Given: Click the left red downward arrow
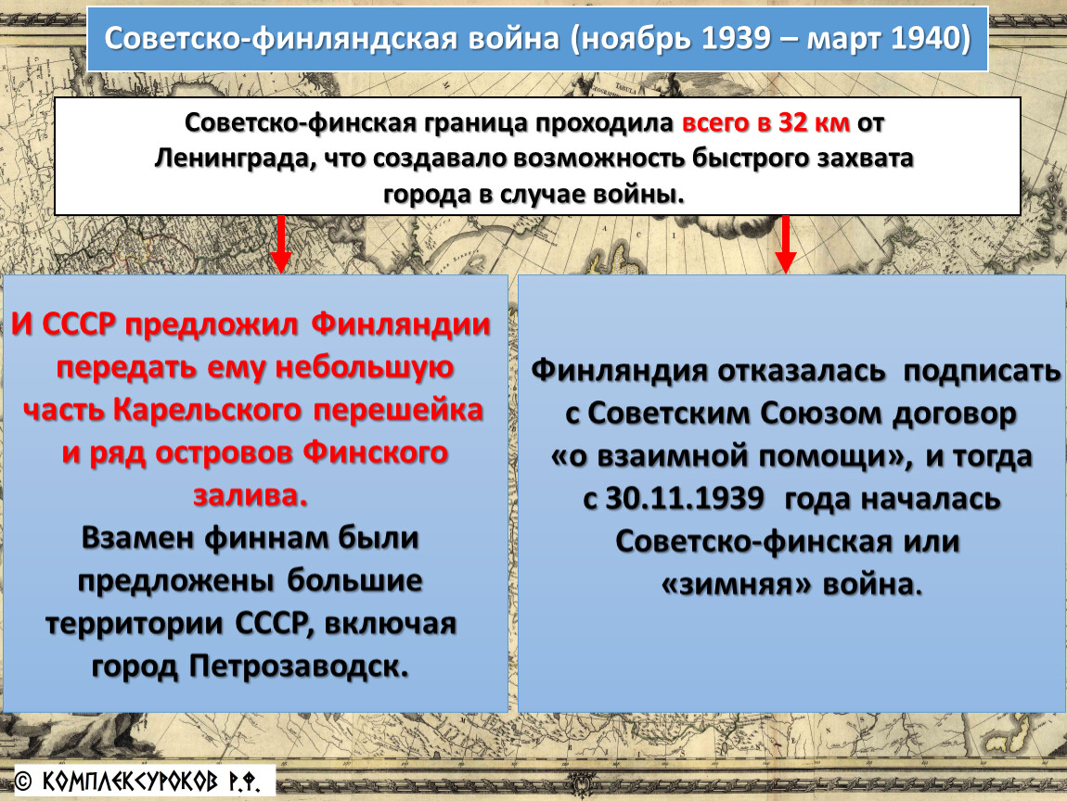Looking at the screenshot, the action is coord(280,244).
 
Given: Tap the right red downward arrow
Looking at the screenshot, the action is coord(785,244).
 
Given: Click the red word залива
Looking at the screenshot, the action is coord(251,496).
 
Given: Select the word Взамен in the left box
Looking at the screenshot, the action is coord(138,539).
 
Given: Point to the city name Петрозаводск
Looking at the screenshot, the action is coord(299,667).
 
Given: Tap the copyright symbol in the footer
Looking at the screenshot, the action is coord(23,782).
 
